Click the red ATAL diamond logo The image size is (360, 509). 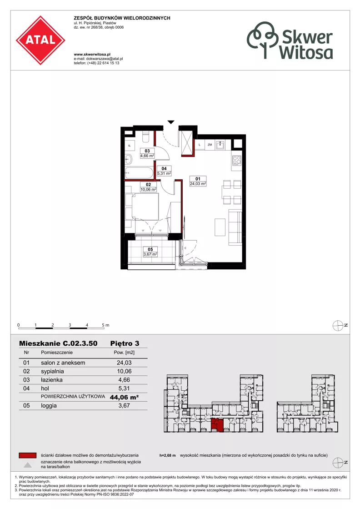pyautogui.click(x=40, y=40)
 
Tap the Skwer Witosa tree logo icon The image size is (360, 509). pyautogui.click(x=263, y=40)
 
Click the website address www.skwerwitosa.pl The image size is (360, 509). pyautogui.click(x=92, y=55)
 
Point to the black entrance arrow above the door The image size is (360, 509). pyautogui.click(x=171, y=122)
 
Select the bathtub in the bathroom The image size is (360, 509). pyautogui.click(x=140, y=173)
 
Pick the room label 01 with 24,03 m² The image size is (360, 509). pyautogui.click(x=198, y=181)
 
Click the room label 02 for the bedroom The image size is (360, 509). pyautogui.click(x=148, y=187)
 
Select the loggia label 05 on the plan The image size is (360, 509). pyautogui.click(x=150, y=252)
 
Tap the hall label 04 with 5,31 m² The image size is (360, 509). pyautogui.click(x=164, y=171)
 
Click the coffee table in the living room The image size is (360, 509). pyautogui.click(x=220, y=227)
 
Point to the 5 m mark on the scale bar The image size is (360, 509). pyautogui.click(x=105, y=325)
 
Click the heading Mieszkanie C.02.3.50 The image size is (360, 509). pyautogui.click(x=58, y=343)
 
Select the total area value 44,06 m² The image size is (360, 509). pyautogui.click(x=124, y=397)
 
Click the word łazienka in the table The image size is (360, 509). pyautogui.click(x=51, y=380)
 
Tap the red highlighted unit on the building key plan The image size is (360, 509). pyautogui.click(x=217, y=425)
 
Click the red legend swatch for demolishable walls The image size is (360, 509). pyautogui.click(x=28, y=455)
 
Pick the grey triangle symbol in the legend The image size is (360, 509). pyautogui.click(x=28, y=465)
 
